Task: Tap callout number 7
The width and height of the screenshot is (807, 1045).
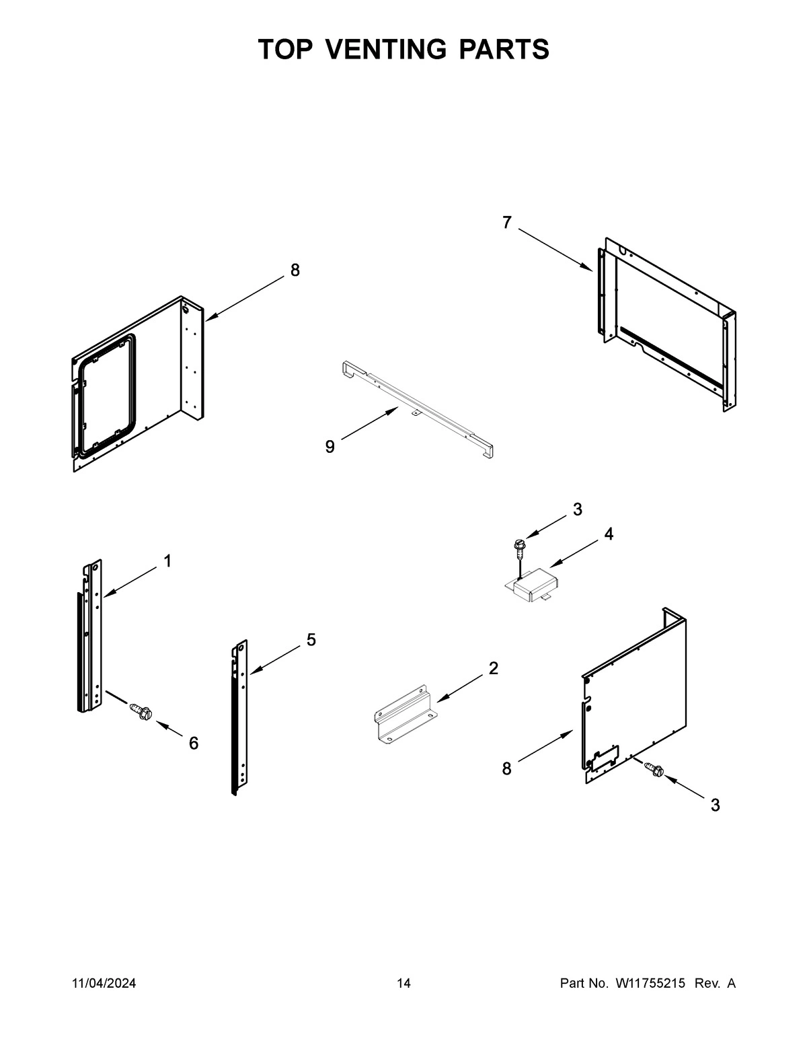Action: point(506,223)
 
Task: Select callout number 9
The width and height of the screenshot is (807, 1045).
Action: point(330,447)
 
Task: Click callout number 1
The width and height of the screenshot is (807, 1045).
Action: point(167,561)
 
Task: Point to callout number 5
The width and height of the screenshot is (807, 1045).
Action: point(311,640)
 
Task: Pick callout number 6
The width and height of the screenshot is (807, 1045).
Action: point(194,743)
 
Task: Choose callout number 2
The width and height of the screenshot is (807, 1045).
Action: point(493,668)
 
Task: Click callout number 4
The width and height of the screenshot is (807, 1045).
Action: point(608,534)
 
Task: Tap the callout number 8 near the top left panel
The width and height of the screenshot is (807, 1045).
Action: point(295,270)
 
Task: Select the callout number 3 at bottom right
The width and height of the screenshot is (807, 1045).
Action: point(715,805)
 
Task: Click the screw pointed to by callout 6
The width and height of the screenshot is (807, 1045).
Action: point(141,711)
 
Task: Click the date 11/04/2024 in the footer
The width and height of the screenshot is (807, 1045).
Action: point(104,984)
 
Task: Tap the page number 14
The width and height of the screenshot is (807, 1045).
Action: point(403,984)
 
